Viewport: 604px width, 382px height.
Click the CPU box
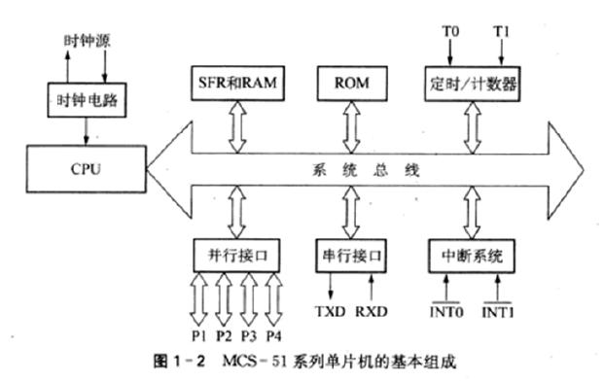pyautogui.click(x=83, y=167)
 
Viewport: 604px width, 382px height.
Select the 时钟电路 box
pyautogui.click(x=83, y=99)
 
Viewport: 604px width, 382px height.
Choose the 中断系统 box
pyautogui.click(x=470, y=255)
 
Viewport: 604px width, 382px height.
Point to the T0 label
pyautogui.click(x=449, y=32)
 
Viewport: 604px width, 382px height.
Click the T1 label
pyautogui.click(x=500, y=32)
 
